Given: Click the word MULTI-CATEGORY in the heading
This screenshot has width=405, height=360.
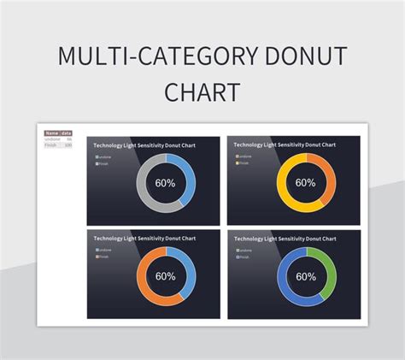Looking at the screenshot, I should (154, 57).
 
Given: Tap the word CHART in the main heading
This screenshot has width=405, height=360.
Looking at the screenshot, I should (202, 91).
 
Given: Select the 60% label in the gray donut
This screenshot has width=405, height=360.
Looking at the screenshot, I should (165, 182).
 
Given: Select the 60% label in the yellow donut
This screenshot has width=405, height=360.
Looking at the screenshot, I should (305, 182).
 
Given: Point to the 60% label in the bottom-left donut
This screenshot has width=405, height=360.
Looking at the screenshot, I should (165, 276).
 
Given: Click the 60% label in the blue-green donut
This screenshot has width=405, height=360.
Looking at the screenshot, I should (305, 276).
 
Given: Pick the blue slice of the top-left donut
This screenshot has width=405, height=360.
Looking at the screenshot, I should (188, 174).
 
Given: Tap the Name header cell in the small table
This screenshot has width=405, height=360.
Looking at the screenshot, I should (51, 133).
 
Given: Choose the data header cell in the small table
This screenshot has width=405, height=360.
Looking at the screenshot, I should (67, 133).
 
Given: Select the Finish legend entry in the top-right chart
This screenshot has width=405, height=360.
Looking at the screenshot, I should (244, 162).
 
